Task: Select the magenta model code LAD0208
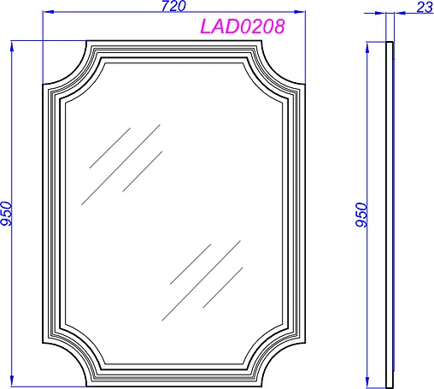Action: [x=242, y=27]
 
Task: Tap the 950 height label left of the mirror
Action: [x=7, y=214]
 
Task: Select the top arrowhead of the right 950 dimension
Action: [x=368, y=44]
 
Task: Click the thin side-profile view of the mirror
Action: [x=390, y=214]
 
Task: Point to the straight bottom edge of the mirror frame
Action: [x=174, y=382]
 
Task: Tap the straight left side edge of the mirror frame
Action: [x=44, y=214]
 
